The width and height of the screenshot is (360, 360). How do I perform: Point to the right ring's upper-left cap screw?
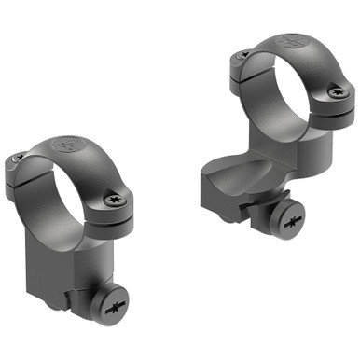(242, 56)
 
